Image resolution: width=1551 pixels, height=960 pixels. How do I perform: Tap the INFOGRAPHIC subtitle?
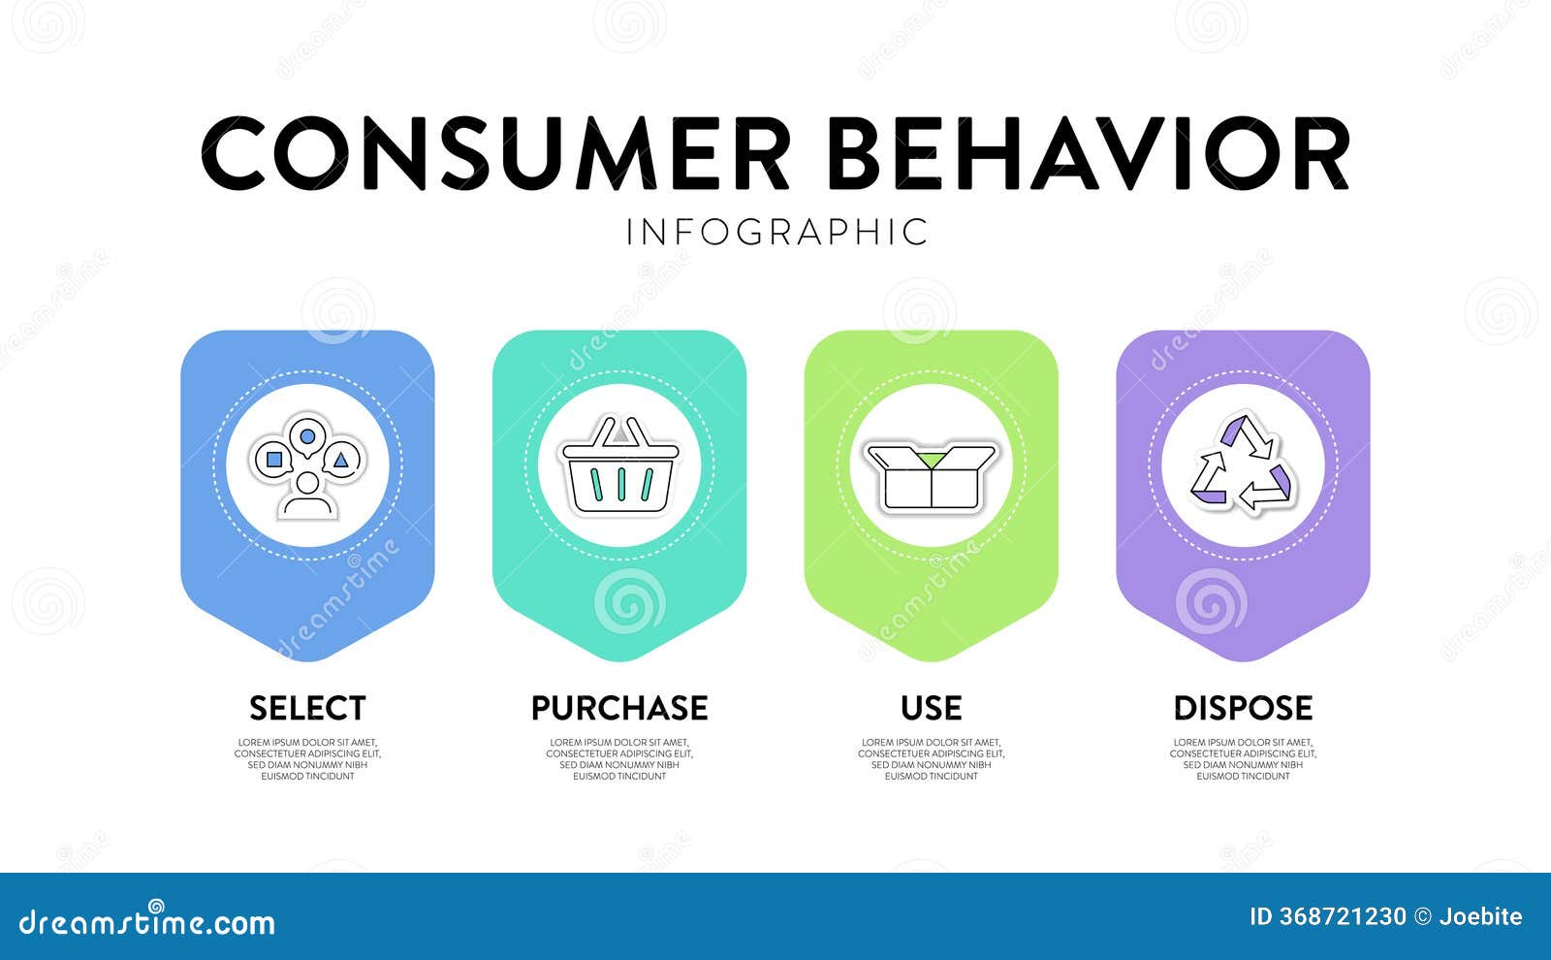776,233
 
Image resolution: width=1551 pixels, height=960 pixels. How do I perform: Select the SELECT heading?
307,708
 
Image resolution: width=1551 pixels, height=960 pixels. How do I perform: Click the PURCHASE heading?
619,708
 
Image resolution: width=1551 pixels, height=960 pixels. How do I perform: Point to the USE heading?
932,708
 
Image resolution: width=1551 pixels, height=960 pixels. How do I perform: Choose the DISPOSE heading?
1243,708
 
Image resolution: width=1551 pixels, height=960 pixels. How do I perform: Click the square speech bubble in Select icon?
274,459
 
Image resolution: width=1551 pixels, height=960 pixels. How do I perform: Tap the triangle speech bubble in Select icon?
341,459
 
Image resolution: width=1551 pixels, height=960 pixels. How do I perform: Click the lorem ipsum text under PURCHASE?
619,759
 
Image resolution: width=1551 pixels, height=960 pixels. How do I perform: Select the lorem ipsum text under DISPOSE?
1243,759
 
